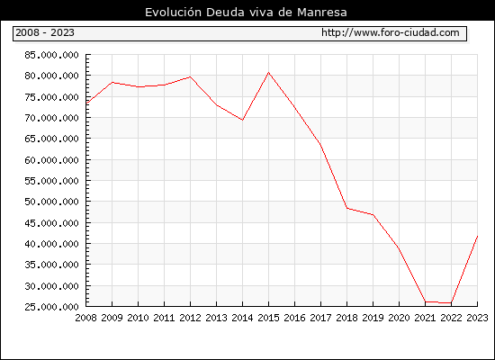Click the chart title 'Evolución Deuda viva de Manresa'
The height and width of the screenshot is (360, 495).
point(246,13)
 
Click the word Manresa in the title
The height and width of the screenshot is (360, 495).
point(322,13)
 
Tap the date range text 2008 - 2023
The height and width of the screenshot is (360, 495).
point(45,32)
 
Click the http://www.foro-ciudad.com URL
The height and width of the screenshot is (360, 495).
point(391,32)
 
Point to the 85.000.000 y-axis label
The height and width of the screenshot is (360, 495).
point(51,55)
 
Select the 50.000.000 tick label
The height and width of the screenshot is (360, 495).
point(51,202)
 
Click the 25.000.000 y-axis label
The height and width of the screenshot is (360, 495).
point(51,307)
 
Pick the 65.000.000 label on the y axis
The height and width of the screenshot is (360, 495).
point(51,139)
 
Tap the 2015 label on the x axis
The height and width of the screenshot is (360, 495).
point(269,318)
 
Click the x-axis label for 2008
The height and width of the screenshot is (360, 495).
point(85,318)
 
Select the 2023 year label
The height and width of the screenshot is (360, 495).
point(477,318)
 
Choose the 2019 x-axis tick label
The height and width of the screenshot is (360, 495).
point(373,318)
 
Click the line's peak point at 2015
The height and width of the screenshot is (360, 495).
point(269,73)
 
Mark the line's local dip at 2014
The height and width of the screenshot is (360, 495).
point(242,120)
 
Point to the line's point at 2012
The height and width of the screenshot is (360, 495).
point(191,76)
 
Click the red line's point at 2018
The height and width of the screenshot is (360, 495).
point(346,208)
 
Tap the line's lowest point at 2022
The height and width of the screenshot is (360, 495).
point(451,302)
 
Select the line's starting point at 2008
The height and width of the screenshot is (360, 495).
point(86,103)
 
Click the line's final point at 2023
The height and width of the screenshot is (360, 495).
point(477,236)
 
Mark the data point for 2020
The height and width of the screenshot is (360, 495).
point(399,248)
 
